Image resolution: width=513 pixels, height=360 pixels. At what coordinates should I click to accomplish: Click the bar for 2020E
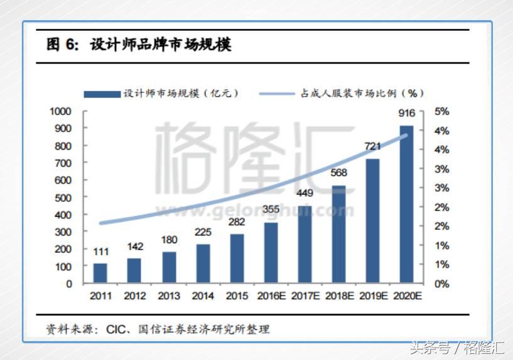[x=406, y=204]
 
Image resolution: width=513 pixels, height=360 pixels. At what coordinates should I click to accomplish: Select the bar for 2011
[x=100, y=273]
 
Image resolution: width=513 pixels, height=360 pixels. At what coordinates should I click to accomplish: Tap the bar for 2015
[x=237, y=258]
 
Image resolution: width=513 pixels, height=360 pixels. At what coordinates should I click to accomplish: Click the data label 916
[x=406, y=113]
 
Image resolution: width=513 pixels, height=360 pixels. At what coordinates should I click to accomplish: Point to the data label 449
[x=305, y=194]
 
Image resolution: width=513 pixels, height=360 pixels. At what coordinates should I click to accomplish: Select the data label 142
[x=134, y=246]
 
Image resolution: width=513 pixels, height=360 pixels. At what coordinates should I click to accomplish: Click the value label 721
[x=372, y=146]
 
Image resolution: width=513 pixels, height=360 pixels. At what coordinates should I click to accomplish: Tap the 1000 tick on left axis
[x=60, y=111]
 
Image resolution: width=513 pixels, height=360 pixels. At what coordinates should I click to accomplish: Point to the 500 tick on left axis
[x=63, y=197]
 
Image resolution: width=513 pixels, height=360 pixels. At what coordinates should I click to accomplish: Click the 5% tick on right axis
[x=442, y=111]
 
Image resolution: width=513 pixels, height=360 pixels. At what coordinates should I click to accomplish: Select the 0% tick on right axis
[x=442, y=284]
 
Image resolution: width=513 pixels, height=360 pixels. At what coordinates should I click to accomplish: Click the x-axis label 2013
[x=168, y=296]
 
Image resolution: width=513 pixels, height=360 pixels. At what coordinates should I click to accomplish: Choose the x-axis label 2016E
[x=271, y=296]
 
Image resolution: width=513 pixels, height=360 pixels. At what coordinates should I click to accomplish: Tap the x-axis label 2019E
[x=372, y=296]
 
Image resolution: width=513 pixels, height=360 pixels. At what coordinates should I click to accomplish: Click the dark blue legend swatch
[x=102, y=94]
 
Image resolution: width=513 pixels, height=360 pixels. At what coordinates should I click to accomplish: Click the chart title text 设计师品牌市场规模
[x=160, y=45]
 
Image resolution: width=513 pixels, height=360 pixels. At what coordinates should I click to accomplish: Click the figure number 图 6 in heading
[x=62, y=45]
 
